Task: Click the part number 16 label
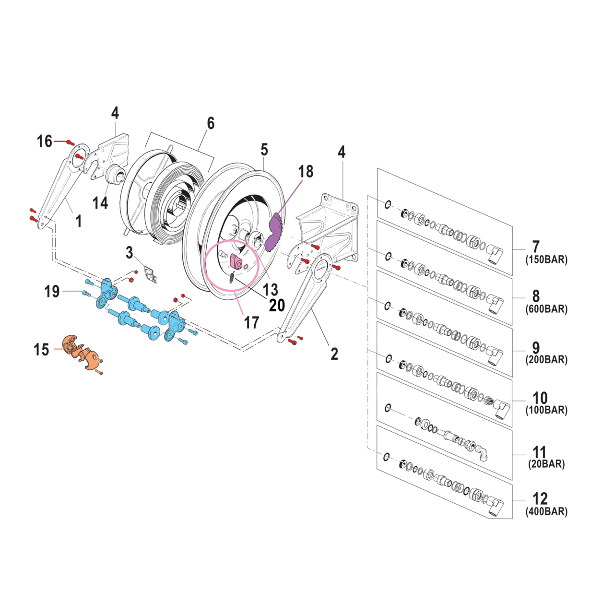click(x=45, y=142)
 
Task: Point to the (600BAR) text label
click(x=546, y=309)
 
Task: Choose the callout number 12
click(x=540, y=498)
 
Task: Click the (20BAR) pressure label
click(x=546, y=464)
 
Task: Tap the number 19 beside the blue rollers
click(x=52, y=291)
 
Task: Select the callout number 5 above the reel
click(x=264, y=150)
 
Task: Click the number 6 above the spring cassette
click(x=211, y=123)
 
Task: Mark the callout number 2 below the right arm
click(x=334, y=354)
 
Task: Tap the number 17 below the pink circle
click(x=251, y=323)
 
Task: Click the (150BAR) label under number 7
click(x=546, y=260)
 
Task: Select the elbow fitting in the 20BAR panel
click(x=482, y=452)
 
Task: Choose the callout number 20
click(x=277, y=306)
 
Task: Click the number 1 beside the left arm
click(x=79, y=221)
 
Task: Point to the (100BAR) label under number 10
click(x=546, y=410)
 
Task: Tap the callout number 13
click(x=271, y=289)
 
